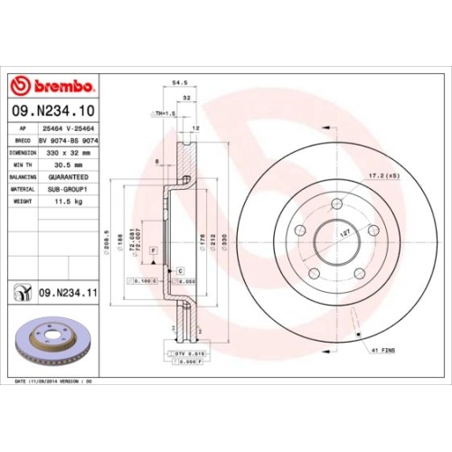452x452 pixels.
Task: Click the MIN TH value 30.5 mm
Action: pyautogui.click(x=65, y=165)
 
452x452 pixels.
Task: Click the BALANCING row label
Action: pyautogui.click(x=22, y=178)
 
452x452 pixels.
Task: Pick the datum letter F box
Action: pyautogui.click(x=154, y=249)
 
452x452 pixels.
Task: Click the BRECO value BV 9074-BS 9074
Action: pyautogui.click(x=66, y=141)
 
